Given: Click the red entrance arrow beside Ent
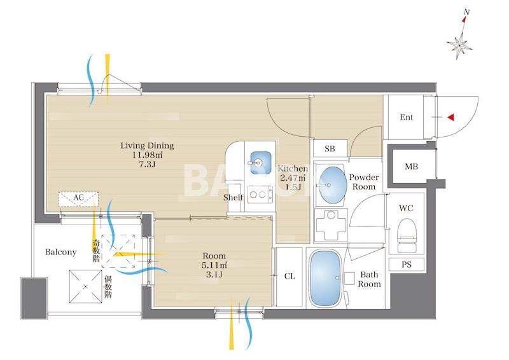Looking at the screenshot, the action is (x=450, y=117).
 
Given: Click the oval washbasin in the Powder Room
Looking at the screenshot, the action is (x=331, y=184).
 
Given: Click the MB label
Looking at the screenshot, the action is (x=411, y=167).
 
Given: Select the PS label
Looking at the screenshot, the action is (x=407, y=265).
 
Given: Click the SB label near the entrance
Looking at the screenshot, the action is (x=330, y=149).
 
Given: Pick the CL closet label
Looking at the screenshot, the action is (x=289, y=276).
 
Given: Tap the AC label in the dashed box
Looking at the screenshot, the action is (x=78, y=197).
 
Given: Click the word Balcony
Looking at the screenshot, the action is (x=60, y=252).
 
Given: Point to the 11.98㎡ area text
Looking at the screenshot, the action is (x=148, y=155).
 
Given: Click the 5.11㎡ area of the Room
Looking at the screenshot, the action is (x=214, y=265).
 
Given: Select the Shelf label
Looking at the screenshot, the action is (x=233, y=197).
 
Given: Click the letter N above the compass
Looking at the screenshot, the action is (x=466, y=12).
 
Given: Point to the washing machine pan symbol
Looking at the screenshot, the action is (x=331, y=224).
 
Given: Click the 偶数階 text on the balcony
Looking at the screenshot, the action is (x=108, y=287).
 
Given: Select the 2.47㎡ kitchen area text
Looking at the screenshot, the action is (x=293, y=178).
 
